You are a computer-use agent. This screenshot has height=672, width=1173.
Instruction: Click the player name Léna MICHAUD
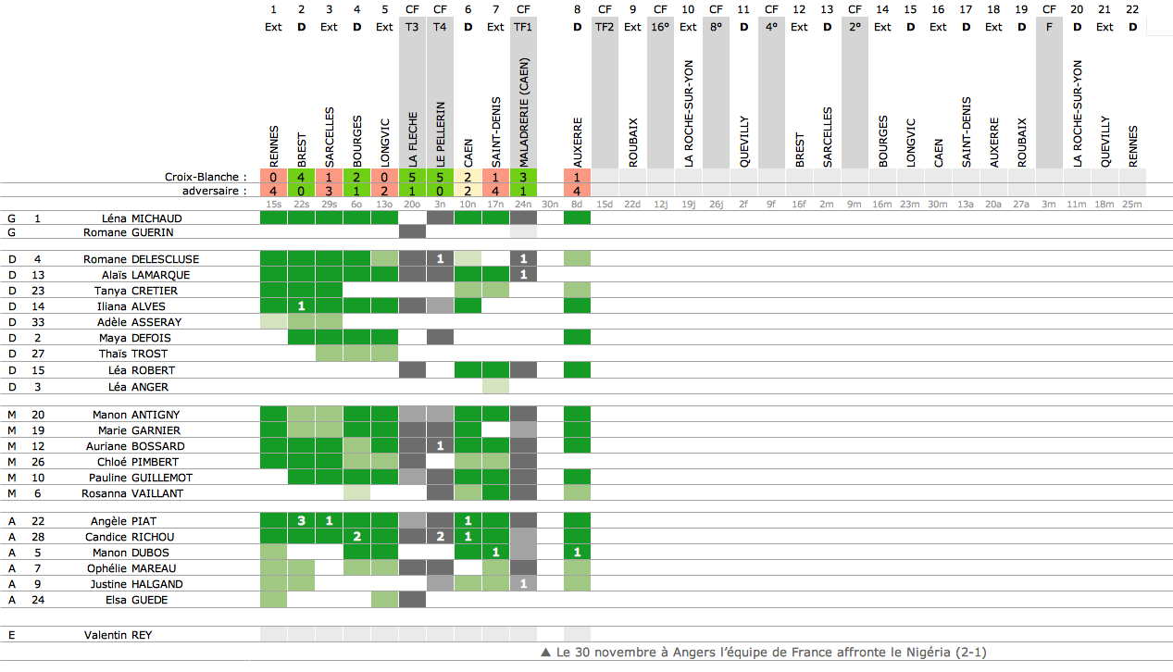pyautogui.click(x=142, y=218)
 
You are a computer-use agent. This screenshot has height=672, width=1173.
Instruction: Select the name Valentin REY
pyautogui.click(x=118, y=635)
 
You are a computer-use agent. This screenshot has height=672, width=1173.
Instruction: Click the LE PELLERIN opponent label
pyautogui.click(x=441, y=133)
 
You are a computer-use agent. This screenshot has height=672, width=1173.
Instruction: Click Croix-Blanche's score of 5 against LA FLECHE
pyautogui.click(x=413, y=177)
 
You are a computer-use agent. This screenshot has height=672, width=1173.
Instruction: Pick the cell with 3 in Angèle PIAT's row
pyautogui.click(x=301, y=521)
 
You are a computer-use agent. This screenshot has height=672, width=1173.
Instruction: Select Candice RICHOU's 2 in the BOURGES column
pyautogui.click(x=356, y=537)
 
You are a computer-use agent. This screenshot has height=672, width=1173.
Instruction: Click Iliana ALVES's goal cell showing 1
pyautogui.click(x=301, y=305)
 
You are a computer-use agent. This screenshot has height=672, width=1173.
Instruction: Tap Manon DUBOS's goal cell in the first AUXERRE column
pyautogui.click(x=577, y=553)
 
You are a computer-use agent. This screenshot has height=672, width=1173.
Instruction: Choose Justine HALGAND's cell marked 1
pyautogui.click(x=523, y=584)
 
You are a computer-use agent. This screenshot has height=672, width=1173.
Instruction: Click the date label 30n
pyautogui.click(x=550, y=204)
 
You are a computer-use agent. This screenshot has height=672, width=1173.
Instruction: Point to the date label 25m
pyautogui.click(x=1132, y=204)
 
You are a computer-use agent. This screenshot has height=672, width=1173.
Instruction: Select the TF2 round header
pyautogui.click(x=605, y=27)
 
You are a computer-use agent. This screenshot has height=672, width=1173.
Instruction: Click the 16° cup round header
pyautogui.click(x=660, y=27)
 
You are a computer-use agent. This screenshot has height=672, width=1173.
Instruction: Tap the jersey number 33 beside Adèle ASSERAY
pyautogui.click(x=38, y=322)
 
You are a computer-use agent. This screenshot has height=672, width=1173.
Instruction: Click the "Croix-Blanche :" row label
pyautogui.click(x=206, y=177)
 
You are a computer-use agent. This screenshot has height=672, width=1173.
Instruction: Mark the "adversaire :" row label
pyautogui.click(x=214, y=191)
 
